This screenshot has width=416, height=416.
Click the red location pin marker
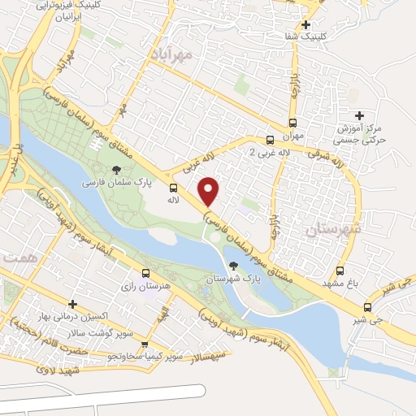click(x=209, y=191)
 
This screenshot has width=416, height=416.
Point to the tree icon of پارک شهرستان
click(x=234, y=266)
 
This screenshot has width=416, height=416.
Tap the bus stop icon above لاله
click(x=173, y=187)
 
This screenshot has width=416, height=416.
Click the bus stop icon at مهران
click(x=271, y=139)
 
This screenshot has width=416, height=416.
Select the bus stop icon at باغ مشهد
click(x=340, y=271)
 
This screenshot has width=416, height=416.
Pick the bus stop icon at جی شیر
click(x=368, y=307)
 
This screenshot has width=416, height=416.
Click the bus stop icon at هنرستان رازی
click(x=145, y=274)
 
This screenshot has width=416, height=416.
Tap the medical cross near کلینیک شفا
click(x=305, y=24)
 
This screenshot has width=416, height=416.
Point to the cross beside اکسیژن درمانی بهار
click(x=72, y=304)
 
